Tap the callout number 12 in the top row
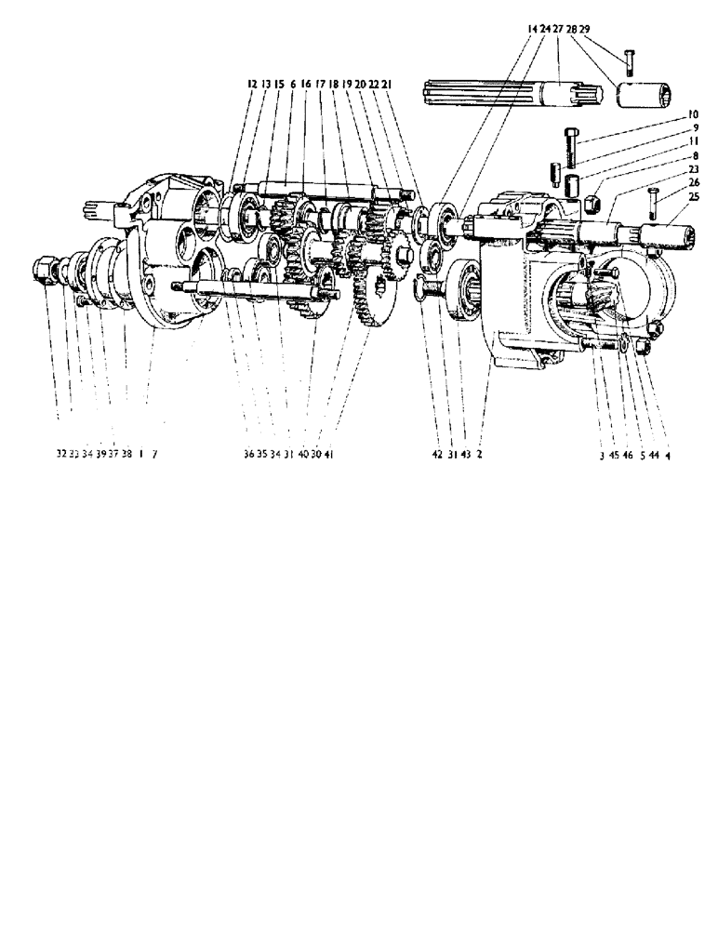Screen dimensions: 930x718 pyautogui.click(x=251, y=84)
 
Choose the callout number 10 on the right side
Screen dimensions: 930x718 pyautogui.click(x=692, y=114)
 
